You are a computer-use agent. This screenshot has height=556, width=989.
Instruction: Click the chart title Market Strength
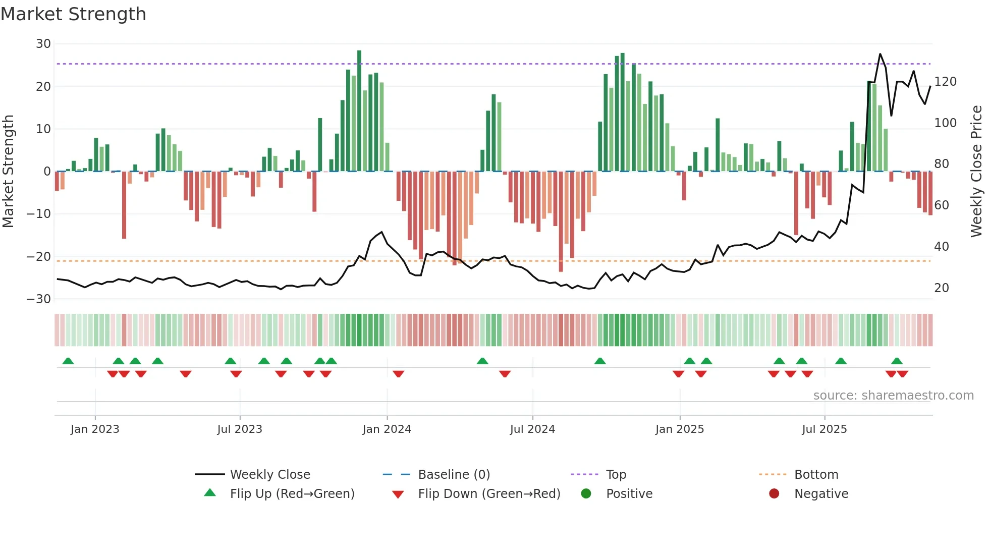[x=73, y=14]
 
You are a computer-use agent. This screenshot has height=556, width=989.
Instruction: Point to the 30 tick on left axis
[x=43, y=44]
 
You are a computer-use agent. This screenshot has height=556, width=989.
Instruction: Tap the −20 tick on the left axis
[x=39, y=257]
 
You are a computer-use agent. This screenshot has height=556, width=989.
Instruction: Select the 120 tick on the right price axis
[x=945, y=82]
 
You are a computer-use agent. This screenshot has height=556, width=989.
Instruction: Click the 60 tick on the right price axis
[x=942, y=205]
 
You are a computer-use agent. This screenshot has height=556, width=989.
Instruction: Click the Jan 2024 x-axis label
[x=387, y=429]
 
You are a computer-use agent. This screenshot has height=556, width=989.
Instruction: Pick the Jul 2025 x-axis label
[x=824, y=429]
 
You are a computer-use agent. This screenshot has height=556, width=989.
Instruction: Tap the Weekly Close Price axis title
[x=976, y=172]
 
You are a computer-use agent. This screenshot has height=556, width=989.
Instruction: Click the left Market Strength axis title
[x=9, y=172]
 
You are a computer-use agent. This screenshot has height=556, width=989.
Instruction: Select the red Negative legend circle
[x=774, y=494]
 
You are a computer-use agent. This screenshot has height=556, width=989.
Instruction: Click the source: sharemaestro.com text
[x=893, y=396]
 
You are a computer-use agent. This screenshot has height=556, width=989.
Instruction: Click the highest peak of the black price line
[x=880, y=54]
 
